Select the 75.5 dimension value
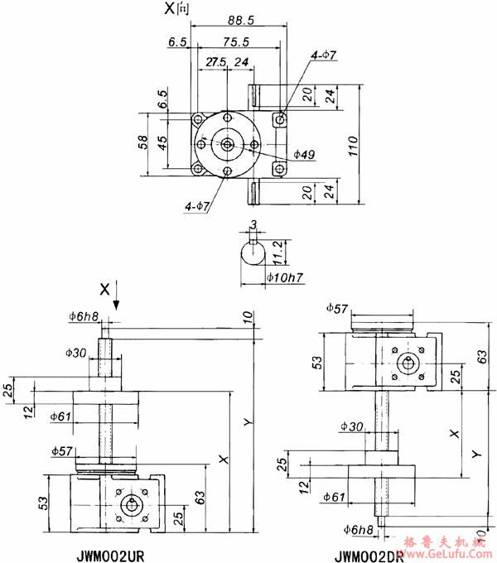[x=237, y=41]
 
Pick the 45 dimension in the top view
[x=162, y=143]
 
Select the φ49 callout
[x=304, y=154]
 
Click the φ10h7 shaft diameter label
[x=284, y=278]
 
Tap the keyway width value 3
[x=254, y=224]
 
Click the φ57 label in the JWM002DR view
[x=337, y=309]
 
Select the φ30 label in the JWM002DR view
[x=351, y=426]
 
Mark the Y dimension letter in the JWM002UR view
[x=246, y=422]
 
